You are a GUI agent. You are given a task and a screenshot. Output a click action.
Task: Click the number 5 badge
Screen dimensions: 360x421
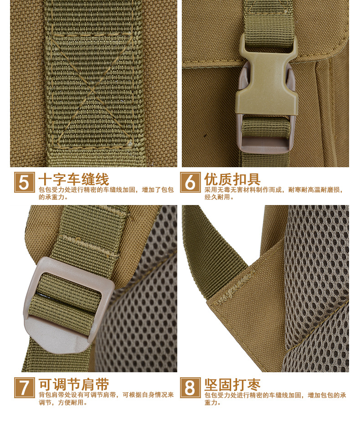click(25, 182)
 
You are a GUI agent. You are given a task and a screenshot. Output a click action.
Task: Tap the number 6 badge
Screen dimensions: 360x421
click(190, 182)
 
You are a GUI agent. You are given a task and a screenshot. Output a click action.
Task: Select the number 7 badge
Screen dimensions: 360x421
click(25, 387)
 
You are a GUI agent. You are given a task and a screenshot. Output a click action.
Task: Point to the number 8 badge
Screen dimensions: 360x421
click(190, 387)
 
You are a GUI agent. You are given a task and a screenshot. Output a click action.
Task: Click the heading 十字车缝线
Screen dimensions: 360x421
click(73, 179)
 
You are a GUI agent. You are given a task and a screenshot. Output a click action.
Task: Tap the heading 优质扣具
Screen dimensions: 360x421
click(232, 179)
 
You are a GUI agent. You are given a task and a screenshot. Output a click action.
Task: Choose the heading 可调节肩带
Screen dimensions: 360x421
click(73, 385)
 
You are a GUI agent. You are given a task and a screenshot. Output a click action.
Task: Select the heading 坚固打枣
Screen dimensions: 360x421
click(232, 385)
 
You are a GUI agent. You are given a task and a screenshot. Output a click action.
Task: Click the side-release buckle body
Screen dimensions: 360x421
click(267, 81)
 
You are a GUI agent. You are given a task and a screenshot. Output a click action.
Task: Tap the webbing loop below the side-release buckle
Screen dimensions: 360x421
click(266, 129)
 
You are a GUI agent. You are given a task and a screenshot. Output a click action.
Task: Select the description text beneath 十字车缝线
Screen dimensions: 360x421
click(106, 193)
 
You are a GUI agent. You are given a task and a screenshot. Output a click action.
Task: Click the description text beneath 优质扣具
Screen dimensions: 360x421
click(274, 193)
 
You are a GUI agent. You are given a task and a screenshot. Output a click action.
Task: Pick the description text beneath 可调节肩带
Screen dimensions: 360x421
click(106, 398)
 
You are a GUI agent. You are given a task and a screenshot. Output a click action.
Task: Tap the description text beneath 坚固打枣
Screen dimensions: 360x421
click(275, 399)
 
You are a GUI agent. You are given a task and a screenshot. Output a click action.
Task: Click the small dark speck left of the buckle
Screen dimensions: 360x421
click(206, 135)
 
